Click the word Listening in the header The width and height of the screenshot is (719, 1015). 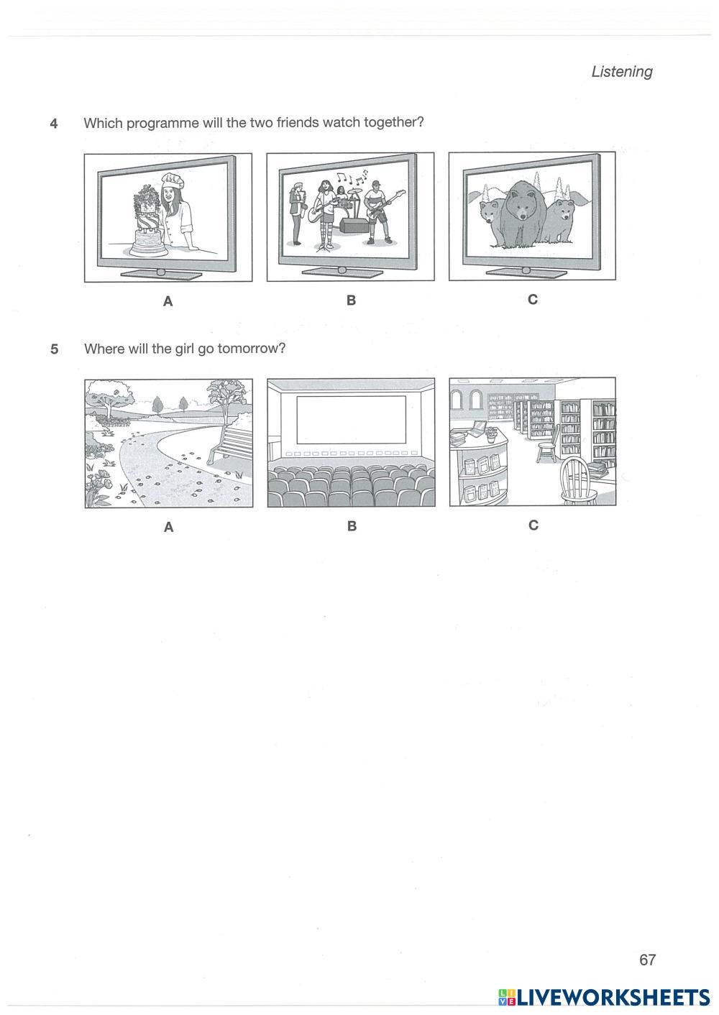tap(621, 72)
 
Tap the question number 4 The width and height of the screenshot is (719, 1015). tap(54, 123)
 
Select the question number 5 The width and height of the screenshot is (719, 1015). tap(55, 349)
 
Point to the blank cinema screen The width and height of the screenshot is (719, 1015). tap(351, 420)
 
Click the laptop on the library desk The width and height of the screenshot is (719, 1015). tap(477, 428)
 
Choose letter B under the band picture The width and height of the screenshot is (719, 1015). tap(351, 300)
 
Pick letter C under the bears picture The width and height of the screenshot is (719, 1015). tap(533, 300)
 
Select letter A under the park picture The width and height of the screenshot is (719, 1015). tap(169, 527)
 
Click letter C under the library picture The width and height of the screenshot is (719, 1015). tap(533, 525)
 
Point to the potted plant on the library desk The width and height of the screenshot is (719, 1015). tap(490, 433)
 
